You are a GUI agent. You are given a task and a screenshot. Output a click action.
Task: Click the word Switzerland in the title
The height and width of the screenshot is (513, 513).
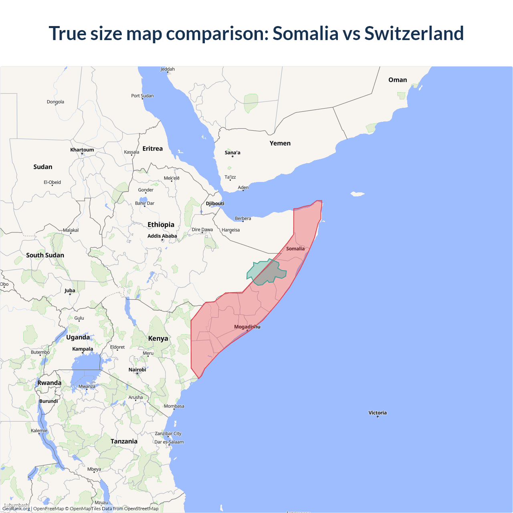pos(414,33)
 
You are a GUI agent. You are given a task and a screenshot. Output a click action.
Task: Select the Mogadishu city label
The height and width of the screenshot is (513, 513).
pos(247,327)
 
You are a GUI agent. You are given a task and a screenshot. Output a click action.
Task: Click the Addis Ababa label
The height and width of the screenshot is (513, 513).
pos(162,236)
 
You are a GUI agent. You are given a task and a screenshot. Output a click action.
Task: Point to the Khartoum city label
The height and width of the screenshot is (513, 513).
pos(82,150)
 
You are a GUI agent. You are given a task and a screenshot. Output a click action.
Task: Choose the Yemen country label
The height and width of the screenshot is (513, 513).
pos(280,143)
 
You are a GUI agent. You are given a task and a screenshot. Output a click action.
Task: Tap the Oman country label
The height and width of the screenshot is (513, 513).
pos(398,80)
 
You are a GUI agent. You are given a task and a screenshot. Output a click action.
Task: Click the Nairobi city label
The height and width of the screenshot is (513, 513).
pos(137,370)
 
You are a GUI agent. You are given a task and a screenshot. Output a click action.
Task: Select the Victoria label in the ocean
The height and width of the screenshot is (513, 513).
pos(378,413)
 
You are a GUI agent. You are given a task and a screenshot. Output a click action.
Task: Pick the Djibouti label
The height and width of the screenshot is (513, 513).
pos(215,204)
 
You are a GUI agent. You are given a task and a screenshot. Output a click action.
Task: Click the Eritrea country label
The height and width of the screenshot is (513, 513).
pos(153,149)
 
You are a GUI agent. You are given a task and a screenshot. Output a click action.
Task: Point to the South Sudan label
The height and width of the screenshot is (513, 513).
pos(45,255)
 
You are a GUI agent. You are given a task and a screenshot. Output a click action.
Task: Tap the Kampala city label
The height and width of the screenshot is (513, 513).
pos(83,349)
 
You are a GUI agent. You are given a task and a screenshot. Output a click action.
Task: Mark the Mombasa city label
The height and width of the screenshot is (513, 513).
pos(174,406)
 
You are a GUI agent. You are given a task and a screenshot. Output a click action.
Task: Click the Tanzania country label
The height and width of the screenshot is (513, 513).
pos(124,441)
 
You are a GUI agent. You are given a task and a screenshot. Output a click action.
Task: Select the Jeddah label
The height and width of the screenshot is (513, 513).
pos(168,69)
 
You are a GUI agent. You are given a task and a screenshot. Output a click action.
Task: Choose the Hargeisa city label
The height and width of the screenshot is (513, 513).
pos(230,230)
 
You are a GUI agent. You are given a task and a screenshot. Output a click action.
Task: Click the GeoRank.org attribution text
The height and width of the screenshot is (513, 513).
pos(16,509)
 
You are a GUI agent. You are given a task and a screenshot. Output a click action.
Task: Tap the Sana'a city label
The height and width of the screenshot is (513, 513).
pos(232,153)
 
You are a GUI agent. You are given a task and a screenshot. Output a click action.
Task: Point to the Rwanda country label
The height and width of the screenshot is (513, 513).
pos(49,383)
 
